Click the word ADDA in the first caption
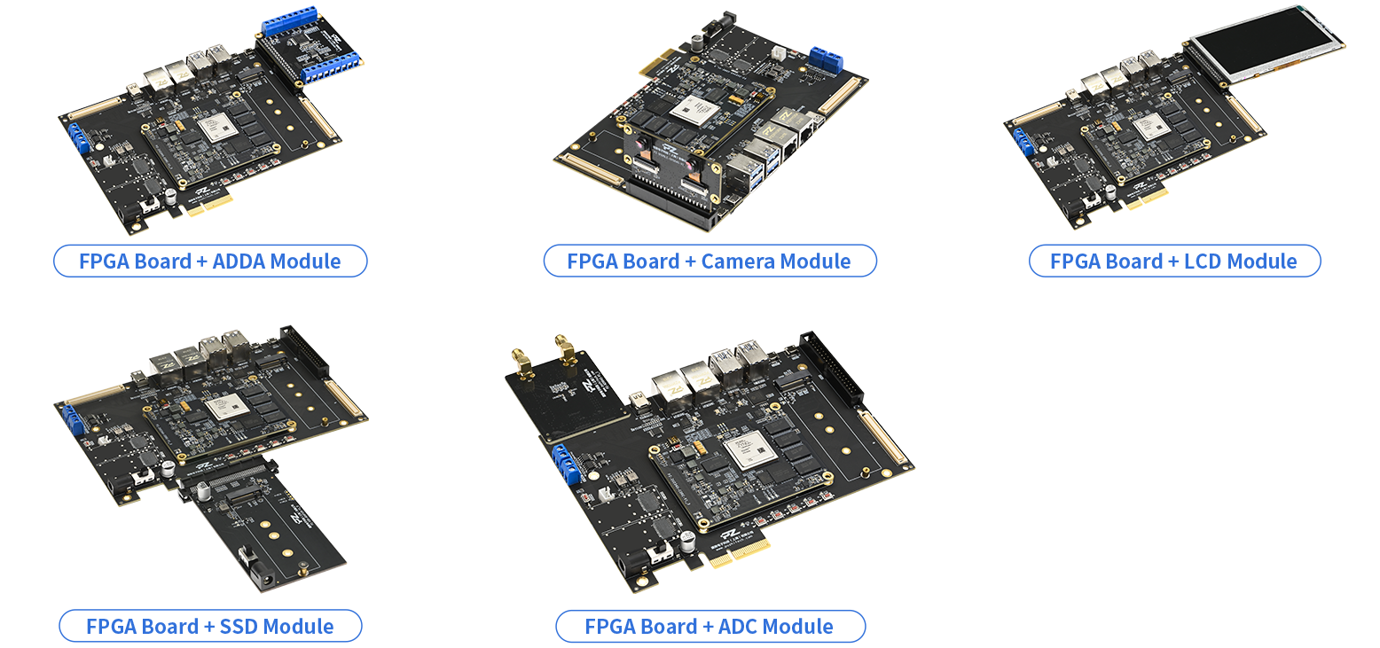pos(239,262)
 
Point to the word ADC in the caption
pos(737,627)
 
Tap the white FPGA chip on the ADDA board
pos(219,128)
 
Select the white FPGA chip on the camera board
pos(695,111)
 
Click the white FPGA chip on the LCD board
pos(1151,127)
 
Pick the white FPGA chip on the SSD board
pos(227,407)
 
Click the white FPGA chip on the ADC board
pos(749,453)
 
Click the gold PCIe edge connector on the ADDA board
pos(208,205)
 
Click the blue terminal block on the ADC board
pos(567,464)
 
